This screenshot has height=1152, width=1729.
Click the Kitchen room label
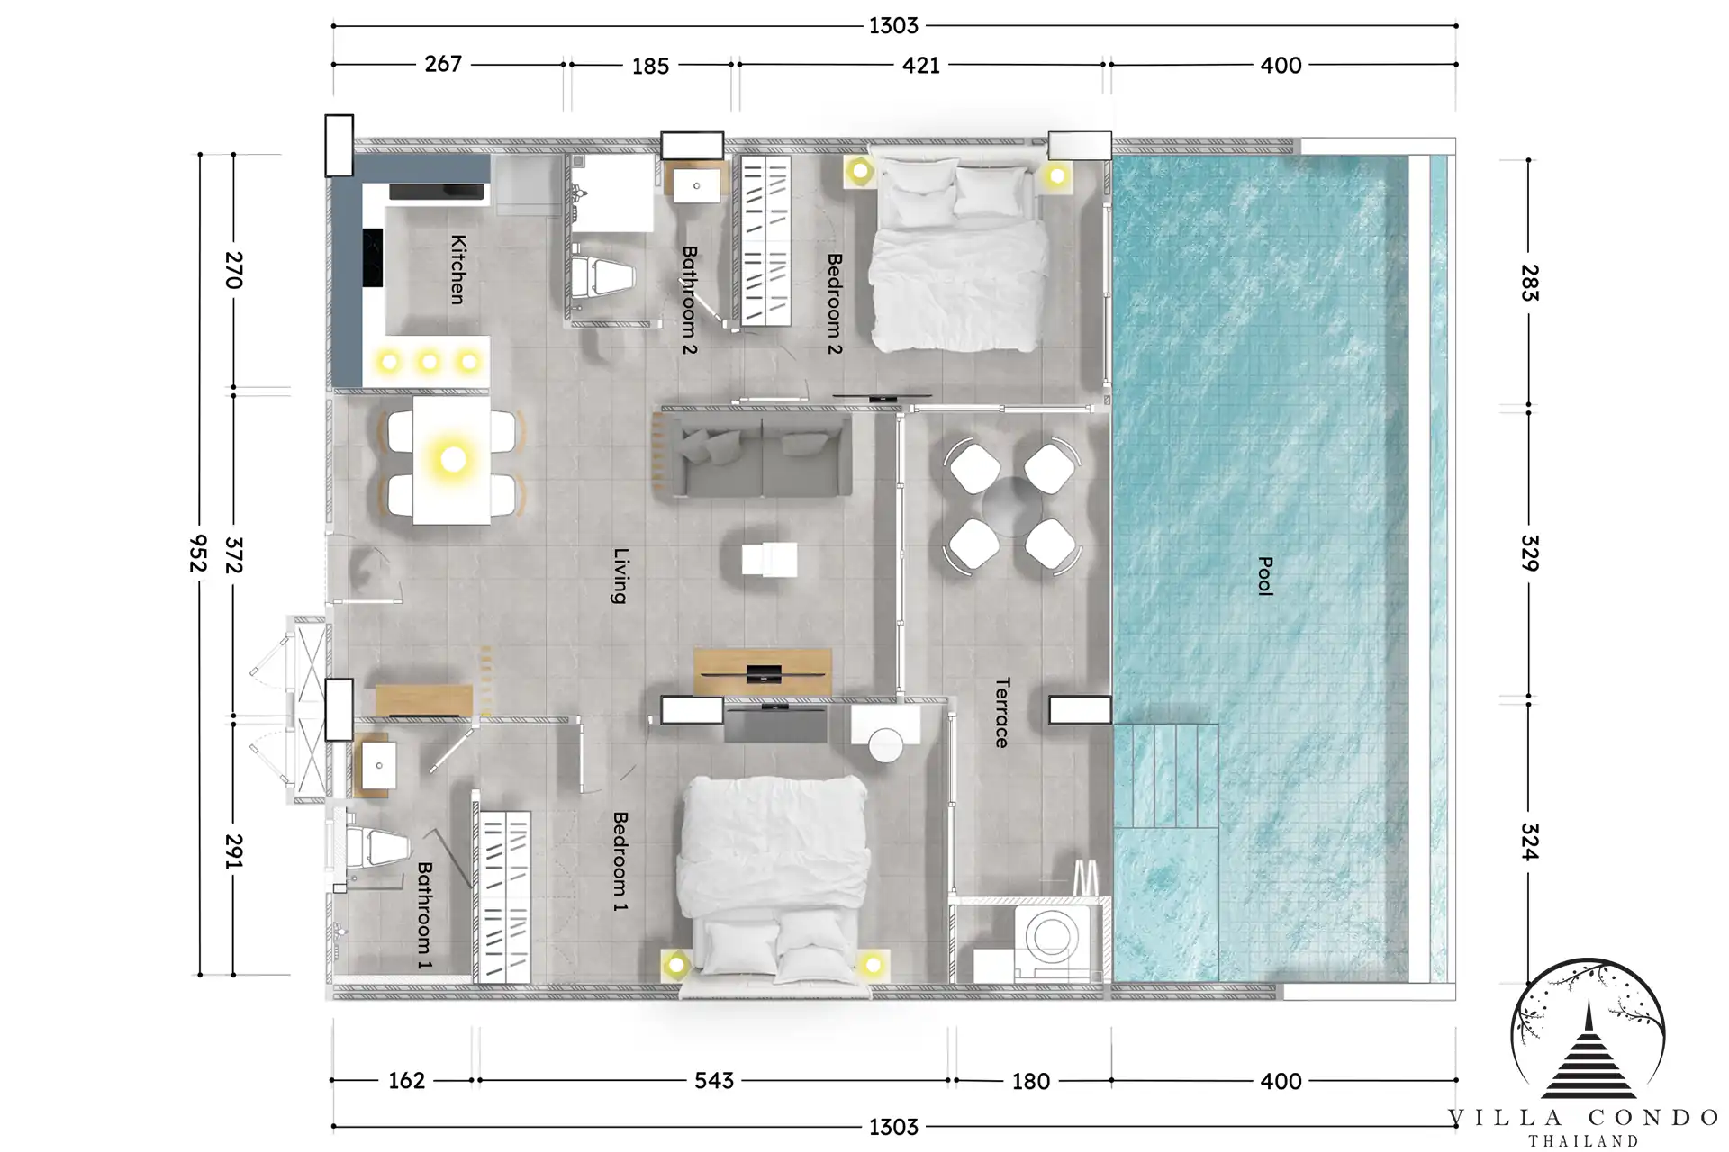(458, 269)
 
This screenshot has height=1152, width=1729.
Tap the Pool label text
(1265, 576)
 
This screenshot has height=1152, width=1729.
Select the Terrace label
(1002, 713)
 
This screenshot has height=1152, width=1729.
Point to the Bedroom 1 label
(620, 861)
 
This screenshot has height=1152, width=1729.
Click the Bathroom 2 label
(690, 300)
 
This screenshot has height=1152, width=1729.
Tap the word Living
(620, 575)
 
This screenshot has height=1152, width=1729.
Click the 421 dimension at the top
(921, 65)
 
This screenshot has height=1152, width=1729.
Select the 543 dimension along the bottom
(714, 1080)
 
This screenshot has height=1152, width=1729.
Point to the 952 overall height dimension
(199, 553)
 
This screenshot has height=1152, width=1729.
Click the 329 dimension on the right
(1529, 553)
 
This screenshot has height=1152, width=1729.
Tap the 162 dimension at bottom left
(406, 1080)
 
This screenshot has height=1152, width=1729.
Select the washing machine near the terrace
(1052, 940)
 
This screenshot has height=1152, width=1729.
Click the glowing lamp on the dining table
(453, 459)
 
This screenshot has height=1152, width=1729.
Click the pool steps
(1165, 776)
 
